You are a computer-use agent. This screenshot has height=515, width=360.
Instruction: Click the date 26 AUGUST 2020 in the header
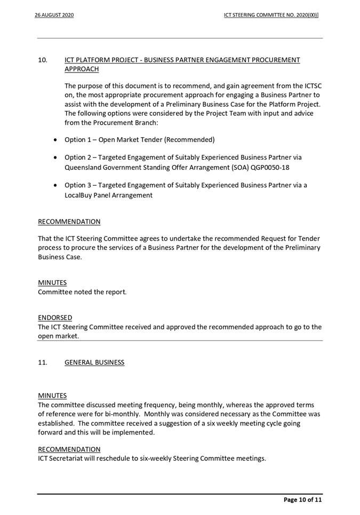[54, 15]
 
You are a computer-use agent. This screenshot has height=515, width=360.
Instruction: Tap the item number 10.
[43, 60]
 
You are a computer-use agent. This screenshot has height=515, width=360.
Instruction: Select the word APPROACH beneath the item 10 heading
[82, 69]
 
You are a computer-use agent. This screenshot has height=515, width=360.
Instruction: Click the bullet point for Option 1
[57, 140]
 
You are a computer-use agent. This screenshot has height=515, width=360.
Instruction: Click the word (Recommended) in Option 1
[189, 140]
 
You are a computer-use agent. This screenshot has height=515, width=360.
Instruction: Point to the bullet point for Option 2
[57, 157]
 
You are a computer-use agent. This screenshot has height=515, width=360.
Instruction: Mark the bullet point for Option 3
[57, 186]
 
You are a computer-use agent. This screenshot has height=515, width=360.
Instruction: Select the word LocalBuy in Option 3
[79, 195]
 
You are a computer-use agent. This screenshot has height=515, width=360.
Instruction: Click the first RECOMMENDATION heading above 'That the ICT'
[69, 221]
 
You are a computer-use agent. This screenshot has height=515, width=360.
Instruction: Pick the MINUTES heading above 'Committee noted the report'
[52, 282]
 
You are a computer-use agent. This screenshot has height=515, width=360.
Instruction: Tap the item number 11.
[43, 362]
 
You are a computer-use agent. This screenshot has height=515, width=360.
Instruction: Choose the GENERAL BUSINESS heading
[94, 362]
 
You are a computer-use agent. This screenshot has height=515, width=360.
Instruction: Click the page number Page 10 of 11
[302, 500]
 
